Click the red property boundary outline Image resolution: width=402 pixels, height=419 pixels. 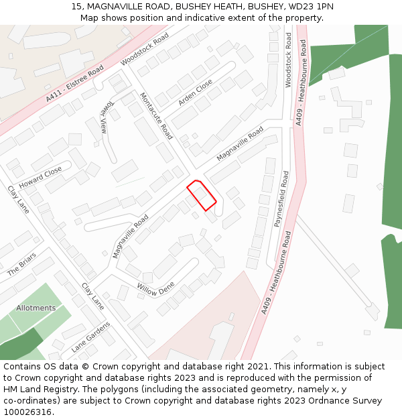(201, 196)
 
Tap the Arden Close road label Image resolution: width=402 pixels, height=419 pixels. (195, 93)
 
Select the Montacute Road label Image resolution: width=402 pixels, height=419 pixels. (156, 116)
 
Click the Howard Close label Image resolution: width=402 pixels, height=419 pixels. (40, 178)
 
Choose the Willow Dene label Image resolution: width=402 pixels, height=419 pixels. (155, 289)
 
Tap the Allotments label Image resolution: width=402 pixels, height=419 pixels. (36, 308)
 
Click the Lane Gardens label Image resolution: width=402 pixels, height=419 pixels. (90, 337)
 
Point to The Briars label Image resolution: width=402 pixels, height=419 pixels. (21, 268)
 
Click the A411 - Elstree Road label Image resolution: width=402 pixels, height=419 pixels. (75, 84)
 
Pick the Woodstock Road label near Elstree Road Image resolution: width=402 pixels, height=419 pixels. (145, 49)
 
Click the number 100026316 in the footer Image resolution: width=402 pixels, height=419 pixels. (27, 412)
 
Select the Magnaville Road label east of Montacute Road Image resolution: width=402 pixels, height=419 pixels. (240, 144)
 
